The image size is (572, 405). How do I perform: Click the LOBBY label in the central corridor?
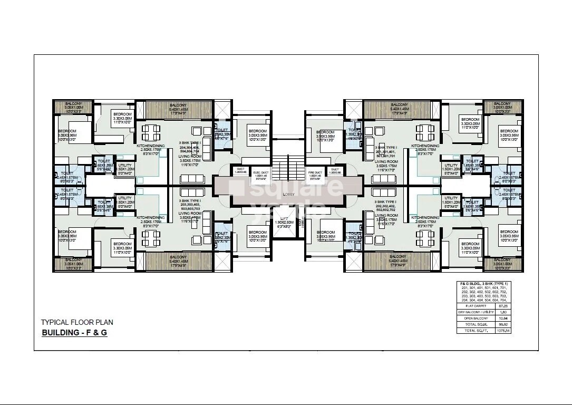[x=288, y=194]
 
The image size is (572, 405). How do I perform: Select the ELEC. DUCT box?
[x=258, y=175]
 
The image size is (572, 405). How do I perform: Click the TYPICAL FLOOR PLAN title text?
[x=77, y=322]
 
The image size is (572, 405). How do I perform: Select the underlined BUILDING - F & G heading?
[x=74, y=333]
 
